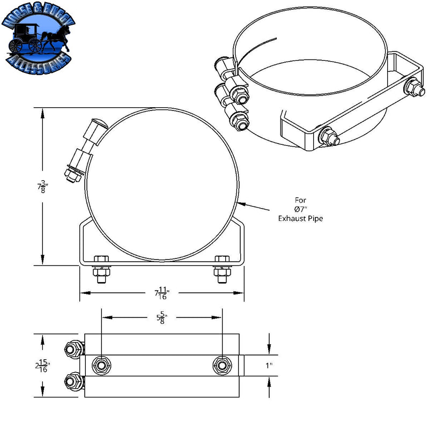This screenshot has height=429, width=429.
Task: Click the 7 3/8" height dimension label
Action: click(x=41, y=187)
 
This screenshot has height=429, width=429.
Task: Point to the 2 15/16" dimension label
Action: click(x=40, y=366)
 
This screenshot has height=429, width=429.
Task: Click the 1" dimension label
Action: click(x=269, y=365)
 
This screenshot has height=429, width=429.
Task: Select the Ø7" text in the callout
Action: click(x=300, y=209)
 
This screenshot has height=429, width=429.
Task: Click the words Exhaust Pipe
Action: click(x=300, y=218)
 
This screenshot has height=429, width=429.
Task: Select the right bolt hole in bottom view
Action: click(x=221, y=365)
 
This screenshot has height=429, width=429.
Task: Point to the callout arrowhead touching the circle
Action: click(x=239, y=202)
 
